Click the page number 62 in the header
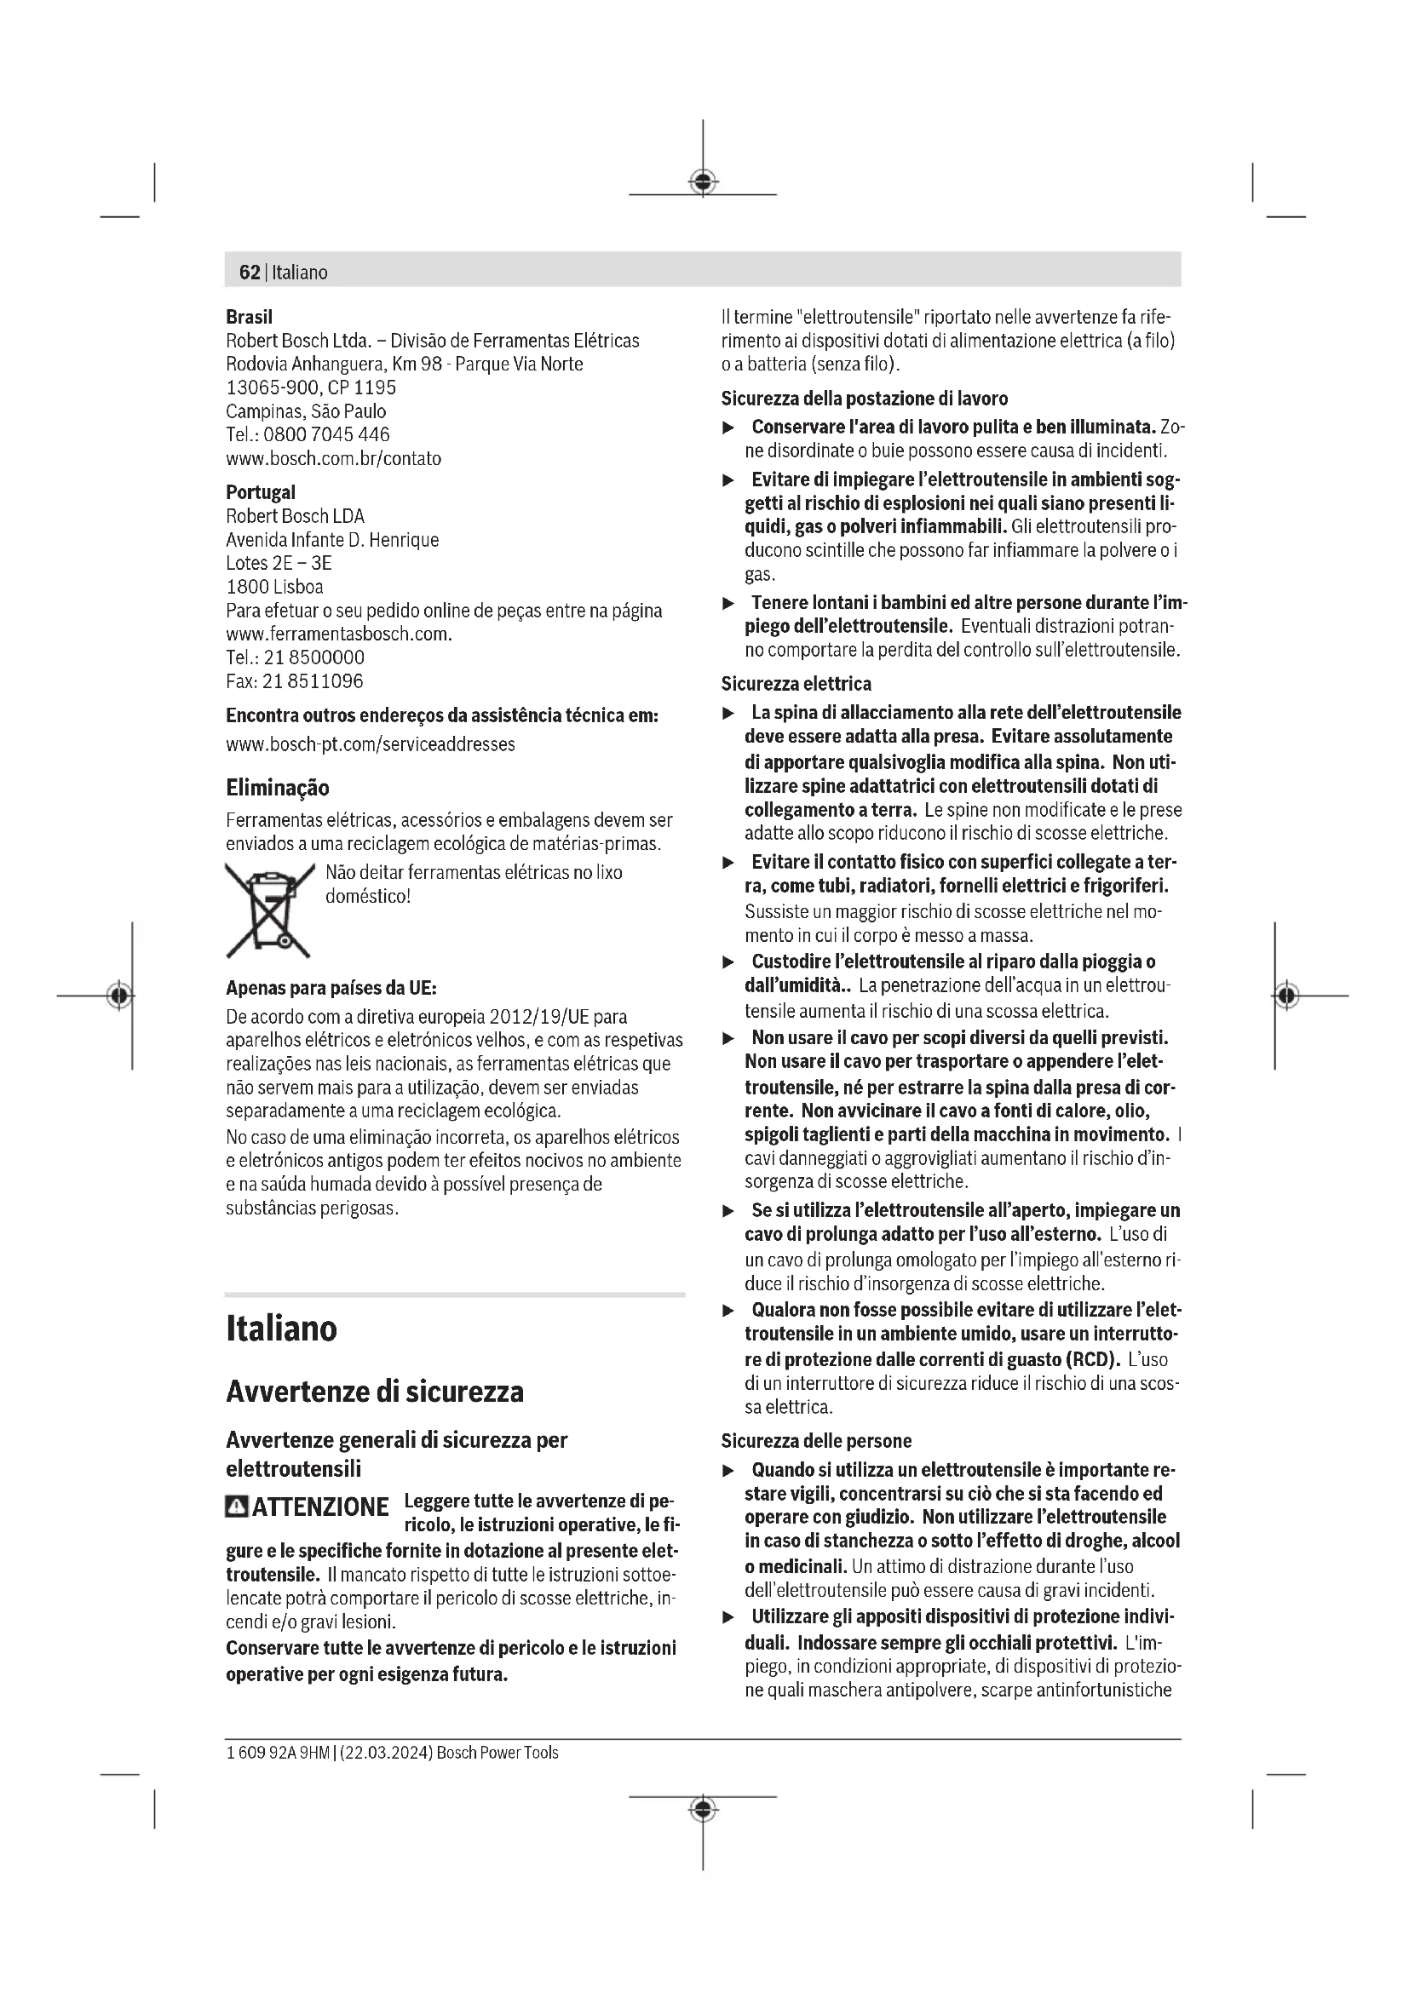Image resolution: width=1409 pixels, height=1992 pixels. [249, 273]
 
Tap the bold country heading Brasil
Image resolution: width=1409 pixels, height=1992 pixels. [249, 317]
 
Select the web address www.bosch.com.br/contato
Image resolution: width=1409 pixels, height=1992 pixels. [333, 458]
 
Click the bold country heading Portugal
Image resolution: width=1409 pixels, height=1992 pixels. [261, 492]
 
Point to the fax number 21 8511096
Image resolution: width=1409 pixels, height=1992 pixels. [313, 681]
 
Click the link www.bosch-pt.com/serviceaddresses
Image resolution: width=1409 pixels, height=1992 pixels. [371, 743]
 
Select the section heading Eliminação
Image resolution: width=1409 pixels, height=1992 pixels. [278, 788]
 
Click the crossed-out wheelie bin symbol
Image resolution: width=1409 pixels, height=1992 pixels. [269, 910]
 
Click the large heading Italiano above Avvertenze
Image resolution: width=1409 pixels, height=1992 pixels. [281, 1329]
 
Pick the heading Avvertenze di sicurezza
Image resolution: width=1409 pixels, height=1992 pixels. [375, 1392]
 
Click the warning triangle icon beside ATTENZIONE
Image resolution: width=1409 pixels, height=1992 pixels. [236, 1507]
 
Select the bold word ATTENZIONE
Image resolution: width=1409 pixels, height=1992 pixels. [320, 1507]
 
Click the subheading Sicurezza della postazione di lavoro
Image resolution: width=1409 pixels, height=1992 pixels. [864, 399]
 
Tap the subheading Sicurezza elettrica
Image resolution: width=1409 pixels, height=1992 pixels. [796, 684]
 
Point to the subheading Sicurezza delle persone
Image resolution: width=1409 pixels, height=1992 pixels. [815, 1441]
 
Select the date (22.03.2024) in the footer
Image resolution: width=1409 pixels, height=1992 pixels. [386, 1753]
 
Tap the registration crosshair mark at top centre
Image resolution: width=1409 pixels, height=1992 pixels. [703, 181]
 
